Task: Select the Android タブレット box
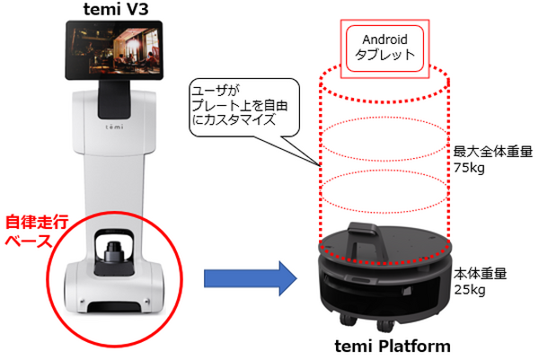tap(384, 47)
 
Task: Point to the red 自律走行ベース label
tap(33, 230)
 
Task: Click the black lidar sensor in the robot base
tap(114, 254)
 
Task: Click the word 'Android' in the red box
tap(384, 39)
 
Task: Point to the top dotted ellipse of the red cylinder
tap(384, 74)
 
